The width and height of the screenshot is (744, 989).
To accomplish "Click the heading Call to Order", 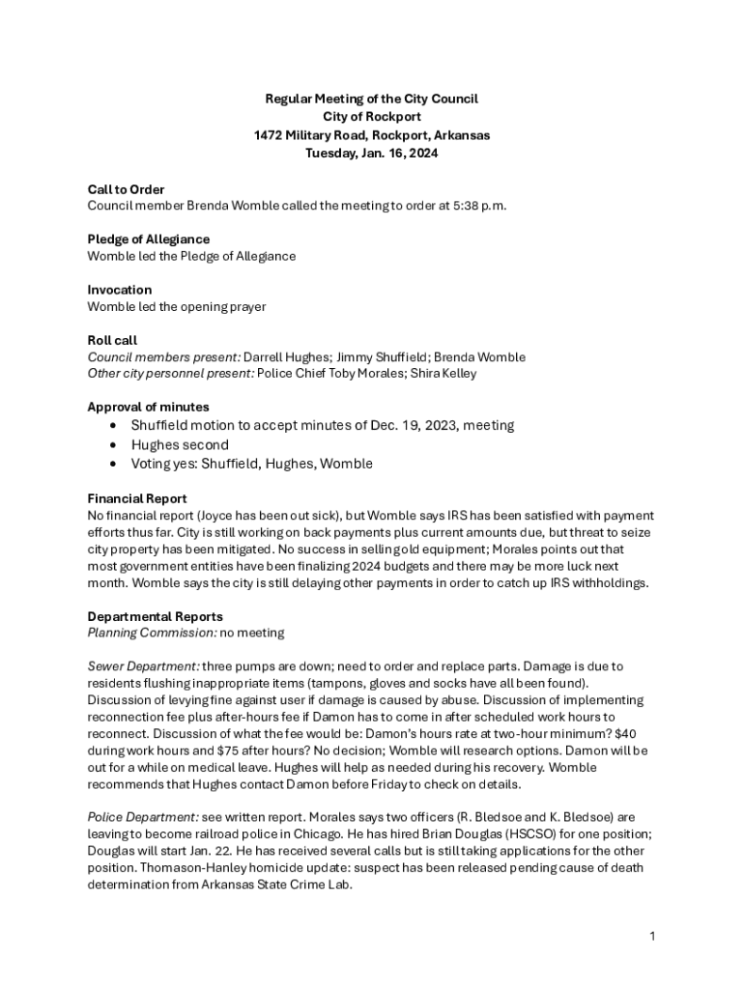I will coord(126,189).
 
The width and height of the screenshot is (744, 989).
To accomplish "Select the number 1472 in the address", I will coord(268,135).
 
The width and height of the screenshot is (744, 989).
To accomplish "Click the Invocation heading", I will coord(119,290).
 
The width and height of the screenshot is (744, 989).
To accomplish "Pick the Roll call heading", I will coord(112,340).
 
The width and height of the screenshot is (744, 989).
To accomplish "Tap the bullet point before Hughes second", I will coord(115,445).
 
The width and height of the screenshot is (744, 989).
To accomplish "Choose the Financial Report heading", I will coord(137,499).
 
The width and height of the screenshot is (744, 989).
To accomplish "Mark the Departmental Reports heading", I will coord(155,616).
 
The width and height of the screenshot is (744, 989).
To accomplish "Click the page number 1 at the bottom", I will coord(653,936).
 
